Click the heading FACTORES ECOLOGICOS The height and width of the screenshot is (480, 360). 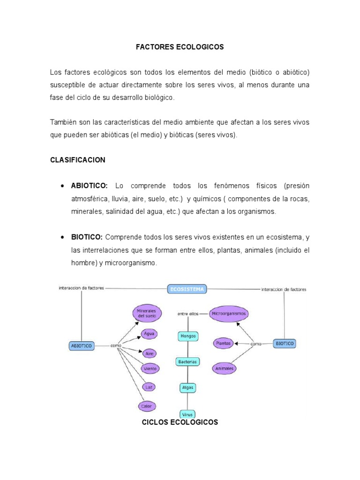click(x=180, y=47)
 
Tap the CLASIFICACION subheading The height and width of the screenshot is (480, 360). click(x=78, y=160)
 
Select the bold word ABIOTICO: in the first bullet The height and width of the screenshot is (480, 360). click(x=90, y=186)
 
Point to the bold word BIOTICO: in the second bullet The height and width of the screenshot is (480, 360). click(x=87, y=238)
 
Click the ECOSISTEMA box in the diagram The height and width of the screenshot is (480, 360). click(x=187, y=289)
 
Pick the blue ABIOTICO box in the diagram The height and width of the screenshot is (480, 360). click(x=82, y=346)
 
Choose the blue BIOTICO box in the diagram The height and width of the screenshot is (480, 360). click(x=285, y=344)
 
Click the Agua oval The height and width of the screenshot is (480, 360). click(x=149, y=334)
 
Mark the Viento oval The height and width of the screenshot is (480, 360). click(x=150, y=369)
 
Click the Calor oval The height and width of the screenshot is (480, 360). click(x=147, y=406)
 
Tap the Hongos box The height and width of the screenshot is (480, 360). click(x=188, y=336)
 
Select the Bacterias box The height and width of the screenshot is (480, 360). click(x=188, y=361)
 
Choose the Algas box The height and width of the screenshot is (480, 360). click(x=188, y=388)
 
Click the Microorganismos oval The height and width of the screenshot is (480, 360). click(x=229, y=313)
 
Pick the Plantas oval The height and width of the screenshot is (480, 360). click(x=223, y=344)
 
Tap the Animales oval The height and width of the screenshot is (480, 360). click(x=224, y=368)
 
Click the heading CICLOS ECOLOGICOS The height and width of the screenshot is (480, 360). click(x=180, y=422)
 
